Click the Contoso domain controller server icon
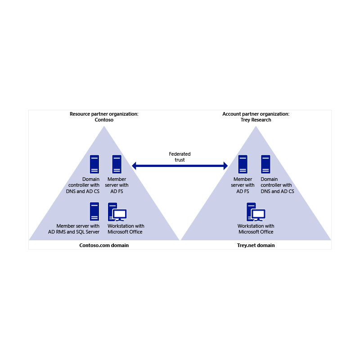94,164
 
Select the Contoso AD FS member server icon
117,164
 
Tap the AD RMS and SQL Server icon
94,211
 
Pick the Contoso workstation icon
117,211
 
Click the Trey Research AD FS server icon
243,164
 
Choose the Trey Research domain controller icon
265,164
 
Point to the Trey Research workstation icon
256,211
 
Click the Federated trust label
180,157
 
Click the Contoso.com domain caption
104,245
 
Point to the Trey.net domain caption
256,245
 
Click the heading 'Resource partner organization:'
104,114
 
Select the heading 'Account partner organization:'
256,114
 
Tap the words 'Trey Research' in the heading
256,120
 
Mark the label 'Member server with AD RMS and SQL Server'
74,229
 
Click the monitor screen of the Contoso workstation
120,214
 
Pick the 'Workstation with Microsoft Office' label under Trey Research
256,229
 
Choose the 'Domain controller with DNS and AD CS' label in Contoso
83,185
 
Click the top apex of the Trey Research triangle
256,126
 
